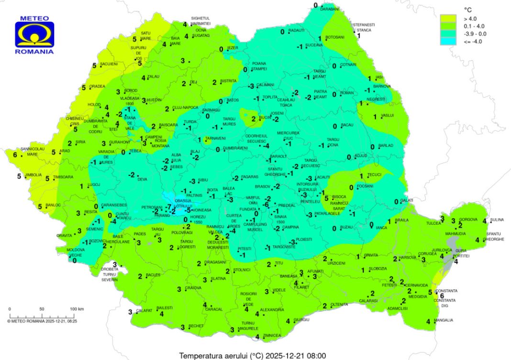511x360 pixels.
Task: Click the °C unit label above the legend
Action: [x=468, y=9]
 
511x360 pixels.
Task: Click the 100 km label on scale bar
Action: [x=77, y=309]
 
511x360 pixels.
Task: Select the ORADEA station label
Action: [x=97, y=87]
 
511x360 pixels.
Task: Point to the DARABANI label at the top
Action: [x=330, y=9]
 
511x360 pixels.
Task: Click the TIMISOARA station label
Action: [x=63, y=177]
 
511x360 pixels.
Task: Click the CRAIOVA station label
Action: [x=193, y=288]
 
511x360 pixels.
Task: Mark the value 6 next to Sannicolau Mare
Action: [x=15, y=155]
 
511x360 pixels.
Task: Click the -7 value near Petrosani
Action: [x=168, y=206]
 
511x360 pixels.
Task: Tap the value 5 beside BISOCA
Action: [x=326, y=198]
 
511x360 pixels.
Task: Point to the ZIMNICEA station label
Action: [x=271, y=336]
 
